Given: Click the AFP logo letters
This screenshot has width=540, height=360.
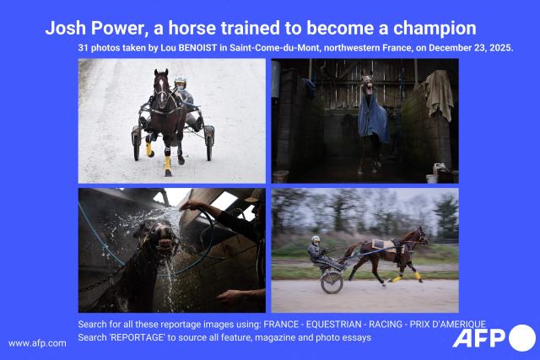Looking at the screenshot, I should coord(479,338).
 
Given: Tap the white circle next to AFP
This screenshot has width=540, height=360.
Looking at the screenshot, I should coord(521,338).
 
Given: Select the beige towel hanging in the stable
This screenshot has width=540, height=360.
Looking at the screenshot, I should coord(439,93).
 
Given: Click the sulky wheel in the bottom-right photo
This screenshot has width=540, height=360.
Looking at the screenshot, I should coord(332,282).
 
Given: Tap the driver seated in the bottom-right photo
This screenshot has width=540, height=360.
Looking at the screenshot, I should coord(316,250).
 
